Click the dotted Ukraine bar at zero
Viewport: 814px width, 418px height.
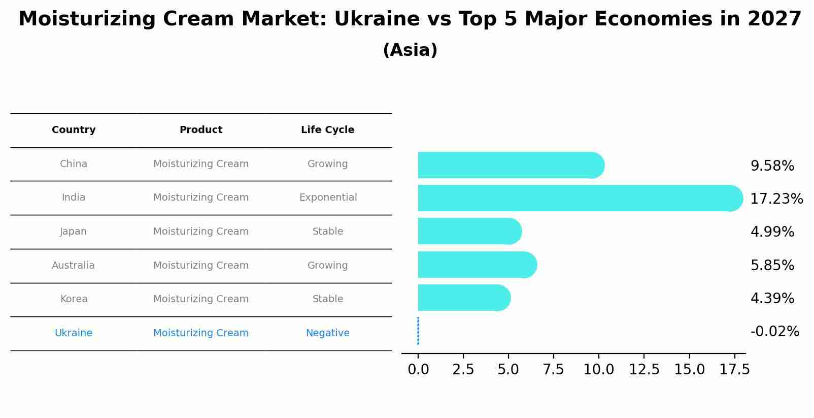418,331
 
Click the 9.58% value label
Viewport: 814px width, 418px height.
772,166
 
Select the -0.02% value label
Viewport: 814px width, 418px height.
774,332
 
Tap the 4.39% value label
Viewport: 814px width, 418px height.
772,299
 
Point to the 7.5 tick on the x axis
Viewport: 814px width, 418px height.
553,370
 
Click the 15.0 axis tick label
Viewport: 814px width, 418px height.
689,370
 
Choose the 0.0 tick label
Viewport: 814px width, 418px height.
418,370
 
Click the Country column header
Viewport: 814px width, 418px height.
74,130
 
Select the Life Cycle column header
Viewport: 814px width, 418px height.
327,130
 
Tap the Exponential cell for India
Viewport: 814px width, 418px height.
328,198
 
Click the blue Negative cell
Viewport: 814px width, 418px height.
327,333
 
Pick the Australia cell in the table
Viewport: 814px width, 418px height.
73,266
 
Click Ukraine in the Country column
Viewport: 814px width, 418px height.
74,333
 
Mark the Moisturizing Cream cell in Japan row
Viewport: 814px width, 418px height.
201,232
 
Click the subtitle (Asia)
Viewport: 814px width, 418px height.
410,50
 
